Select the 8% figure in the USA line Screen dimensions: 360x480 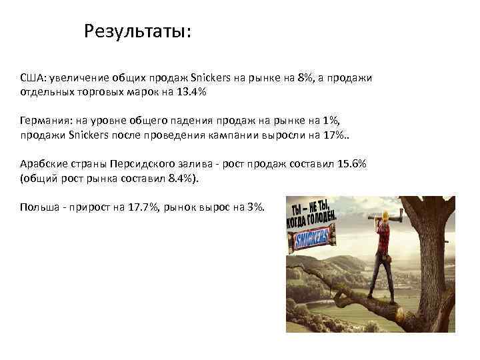pyautogui.click(x=305, y=78)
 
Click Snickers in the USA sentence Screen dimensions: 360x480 pyautogui.click(x=211, y=78)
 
